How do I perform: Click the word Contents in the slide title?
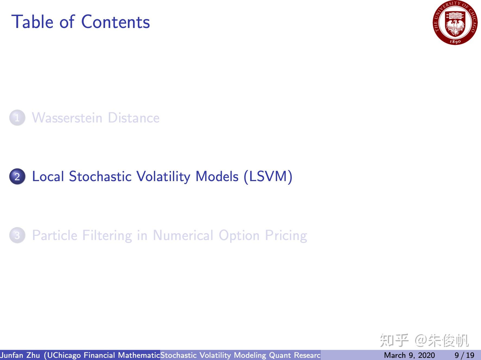(115, 22)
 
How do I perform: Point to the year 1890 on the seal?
(455, 42)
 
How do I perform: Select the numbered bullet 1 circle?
(17, 118)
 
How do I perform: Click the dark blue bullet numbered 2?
(17, 176)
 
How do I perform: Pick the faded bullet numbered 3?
(17, 235)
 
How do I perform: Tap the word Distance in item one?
(134, 118)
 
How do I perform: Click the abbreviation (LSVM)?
(268, 176)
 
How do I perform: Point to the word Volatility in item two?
(163, 176)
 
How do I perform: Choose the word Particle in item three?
(55, 235)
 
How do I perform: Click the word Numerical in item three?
(183, 235)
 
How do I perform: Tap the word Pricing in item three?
(286, 235)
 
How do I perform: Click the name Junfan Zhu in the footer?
(20, 355)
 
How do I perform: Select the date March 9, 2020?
(409, 355)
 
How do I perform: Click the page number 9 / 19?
(464, 355)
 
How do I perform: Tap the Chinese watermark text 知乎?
(394, 340)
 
